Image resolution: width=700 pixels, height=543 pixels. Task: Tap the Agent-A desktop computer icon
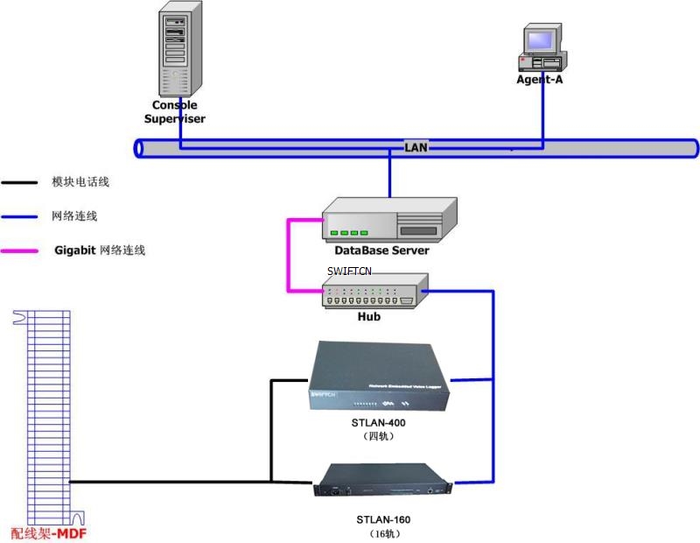pyautogui.click(x=541, y=50)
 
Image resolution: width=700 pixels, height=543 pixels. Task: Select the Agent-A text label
pyautogui.click(x=539, y=80)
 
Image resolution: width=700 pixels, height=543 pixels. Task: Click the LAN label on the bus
pyautogui.click(x=416, y=147)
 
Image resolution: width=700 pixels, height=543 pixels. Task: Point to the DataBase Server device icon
pyautogui.click(x=390, y=219)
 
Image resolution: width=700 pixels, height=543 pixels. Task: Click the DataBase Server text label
pyautogui.click(x=381, y=251)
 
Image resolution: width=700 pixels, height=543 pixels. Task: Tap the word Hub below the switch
pyautogui.click(x=369, y=317)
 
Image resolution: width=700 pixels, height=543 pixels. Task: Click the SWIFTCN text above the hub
pyautogui.click(x=349, y=271)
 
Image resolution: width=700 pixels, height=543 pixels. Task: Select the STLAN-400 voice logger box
pyautogui.click(x=378, y=378)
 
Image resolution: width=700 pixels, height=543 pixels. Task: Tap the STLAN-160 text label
pyautogui.click(x=384, y=519)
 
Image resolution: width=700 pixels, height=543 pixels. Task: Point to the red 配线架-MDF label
pyautogui.click(x=49, y=532)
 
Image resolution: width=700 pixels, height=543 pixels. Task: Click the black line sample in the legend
pyautogui.click(x=19, y=183)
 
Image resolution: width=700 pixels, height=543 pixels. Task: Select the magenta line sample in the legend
pyautogui.click(x=19, y=251)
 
